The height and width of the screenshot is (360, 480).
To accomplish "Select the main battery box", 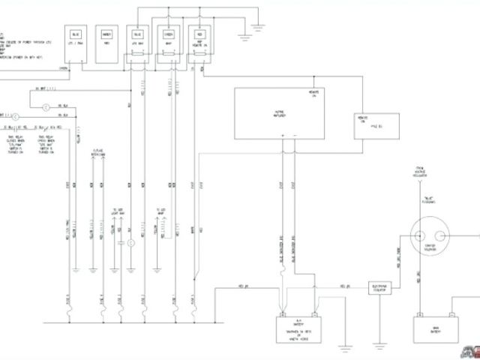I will [435, 326].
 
